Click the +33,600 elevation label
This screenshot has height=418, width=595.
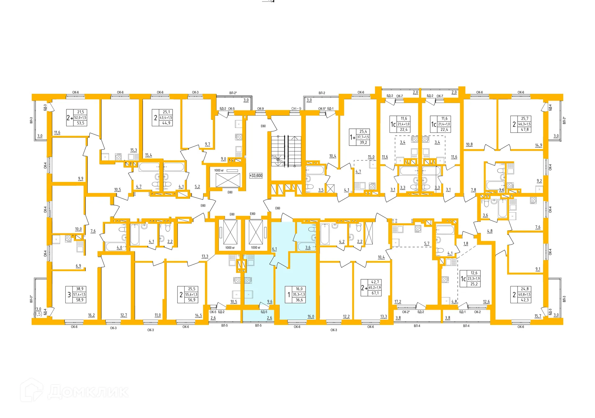pyautogui.click(x=256, y=176)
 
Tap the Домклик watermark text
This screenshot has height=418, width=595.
pyautogui.click(x=88, y=392)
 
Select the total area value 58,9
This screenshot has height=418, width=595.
pyautogui.click(x=80, y=300)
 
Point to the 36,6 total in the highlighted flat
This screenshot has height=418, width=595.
pyautogui.click(x=299, y=300)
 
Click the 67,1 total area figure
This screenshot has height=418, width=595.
pyautogui.click(x=375, y=293)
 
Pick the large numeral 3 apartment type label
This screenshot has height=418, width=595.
pyautogui.click(x=69, y=294)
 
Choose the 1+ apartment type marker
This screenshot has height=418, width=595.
pyautogui.click(x=352, y=137)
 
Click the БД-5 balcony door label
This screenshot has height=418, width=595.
pyautogui.click(x=264, y=312)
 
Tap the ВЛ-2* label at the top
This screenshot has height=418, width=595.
pyautogui.click(x=233, y=93)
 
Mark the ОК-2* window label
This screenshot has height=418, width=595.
pyautogui.click(x=406, y=312)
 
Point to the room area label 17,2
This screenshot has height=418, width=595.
pyautogui.click(x=398, y=302)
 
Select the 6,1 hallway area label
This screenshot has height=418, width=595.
pyautogui.click(x=274, y=249)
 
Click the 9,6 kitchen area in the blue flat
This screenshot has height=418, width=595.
pyautogui.click(x=270, y=302)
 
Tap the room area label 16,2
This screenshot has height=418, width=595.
pyautogui.click(x=91, y=315)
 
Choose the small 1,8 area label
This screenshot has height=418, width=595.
pyautogui.click(x=465, y=244)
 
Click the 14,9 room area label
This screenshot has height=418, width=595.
pyautogui.click(x=538, y=145)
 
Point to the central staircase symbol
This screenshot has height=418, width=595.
pyautogui.click(x=286, y=151)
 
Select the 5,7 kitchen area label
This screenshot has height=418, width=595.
pyautogui.click(x=427, y=244)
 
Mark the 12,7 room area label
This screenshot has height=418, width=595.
pyautogui.click(x=124, y=315)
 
